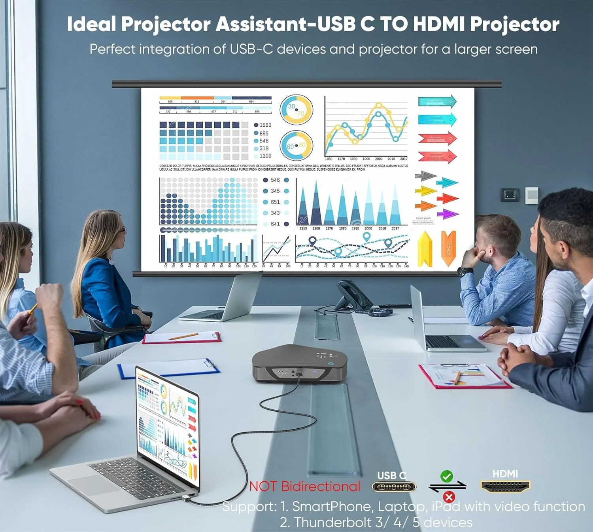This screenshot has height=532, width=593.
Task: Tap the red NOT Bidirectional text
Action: pos(305,486)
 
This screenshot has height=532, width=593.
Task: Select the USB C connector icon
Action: pos(393,486)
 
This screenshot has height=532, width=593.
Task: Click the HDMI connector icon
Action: pos(505,486)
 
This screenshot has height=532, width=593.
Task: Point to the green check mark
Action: pos(447,476)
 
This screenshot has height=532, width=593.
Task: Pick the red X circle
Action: pos(449,496)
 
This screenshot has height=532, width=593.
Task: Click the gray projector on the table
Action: pos(299,363)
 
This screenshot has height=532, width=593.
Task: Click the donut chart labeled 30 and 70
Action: pos(296,109)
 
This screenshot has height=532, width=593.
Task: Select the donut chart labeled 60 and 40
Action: pos(296,146)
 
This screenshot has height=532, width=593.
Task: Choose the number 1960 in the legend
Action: pos(265,125)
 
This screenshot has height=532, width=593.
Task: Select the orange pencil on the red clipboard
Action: pos(183,336)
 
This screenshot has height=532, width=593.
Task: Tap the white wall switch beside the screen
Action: pos(531,195)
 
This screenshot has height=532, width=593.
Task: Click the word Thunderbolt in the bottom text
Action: pos(334,522)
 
